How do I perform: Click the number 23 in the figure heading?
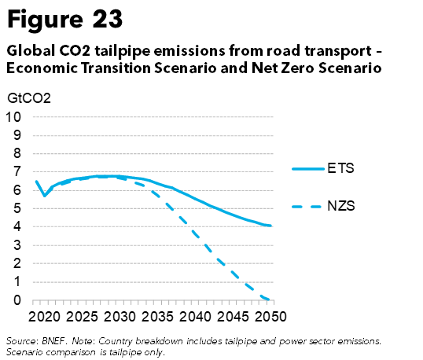[108, 19]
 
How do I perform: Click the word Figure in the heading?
[45, 20]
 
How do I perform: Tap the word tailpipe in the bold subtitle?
[122, 51]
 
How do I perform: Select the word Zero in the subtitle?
[297, 68]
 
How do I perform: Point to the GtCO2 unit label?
[29, 98]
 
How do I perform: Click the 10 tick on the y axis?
[13, 117]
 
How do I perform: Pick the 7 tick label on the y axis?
[17, 171]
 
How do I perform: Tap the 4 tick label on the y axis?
[17, 226]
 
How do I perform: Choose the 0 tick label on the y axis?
[17, 299]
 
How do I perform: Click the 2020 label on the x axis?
[44, 317]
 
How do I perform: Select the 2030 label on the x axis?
[120, 317]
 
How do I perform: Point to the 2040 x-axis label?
[195, 317]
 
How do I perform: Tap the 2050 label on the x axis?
[270, 317]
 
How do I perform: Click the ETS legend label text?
[340, 168]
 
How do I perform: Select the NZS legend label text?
[341, 206]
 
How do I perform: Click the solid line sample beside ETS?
[308, 169]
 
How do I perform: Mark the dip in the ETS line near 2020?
[45, 196]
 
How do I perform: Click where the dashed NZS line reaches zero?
[269, 299]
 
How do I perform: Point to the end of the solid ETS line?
[270, 226]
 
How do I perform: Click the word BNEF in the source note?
[53, 341]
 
